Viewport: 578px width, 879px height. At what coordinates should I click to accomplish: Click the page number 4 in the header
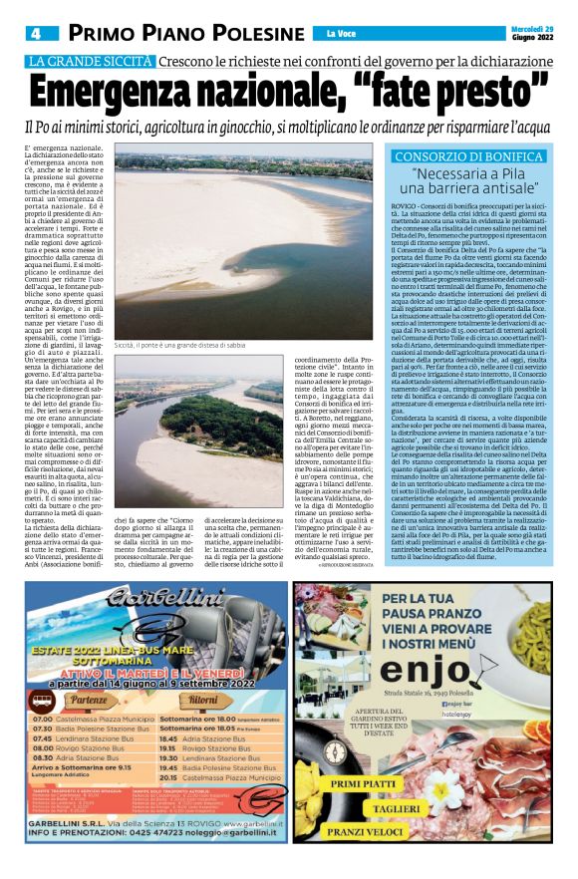click(x=33, y=34)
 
